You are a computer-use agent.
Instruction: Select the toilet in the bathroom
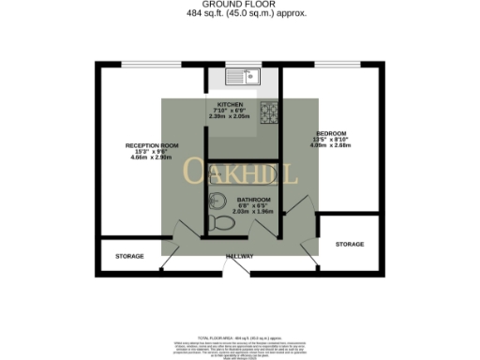[x=222, y=222]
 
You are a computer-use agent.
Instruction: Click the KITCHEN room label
[x=231, y=104]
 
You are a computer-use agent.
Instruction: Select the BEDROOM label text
[x=333, y=132]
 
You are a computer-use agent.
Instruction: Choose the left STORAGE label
[x=129, y=255]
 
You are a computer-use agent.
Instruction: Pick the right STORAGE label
[x=350, y=244]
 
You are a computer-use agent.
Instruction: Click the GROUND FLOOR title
[x=240, y=5]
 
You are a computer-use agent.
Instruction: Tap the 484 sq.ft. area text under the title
[x=240, y=13]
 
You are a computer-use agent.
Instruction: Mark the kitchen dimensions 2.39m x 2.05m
[x=231, y=116]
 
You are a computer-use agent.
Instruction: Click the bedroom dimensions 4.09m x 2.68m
[x=333, y=145]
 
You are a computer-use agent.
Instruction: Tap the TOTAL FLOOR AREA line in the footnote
[x=240, y=335]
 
